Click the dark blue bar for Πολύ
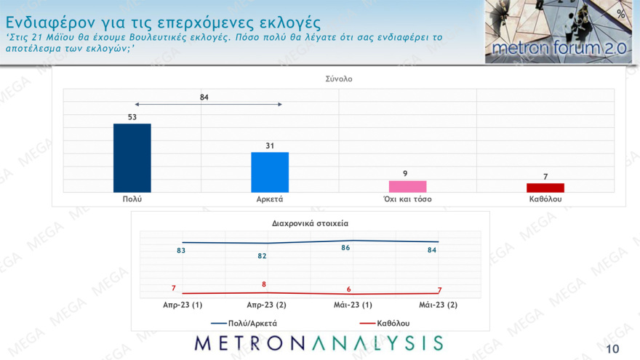(132, 157)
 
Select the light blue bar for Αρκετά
(270, 172)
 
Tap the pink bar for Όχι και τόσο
(407, 186)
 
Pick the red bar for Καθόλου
(545, 188)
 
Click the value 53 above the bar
(132, 116)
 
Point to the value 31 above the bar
(270, 145)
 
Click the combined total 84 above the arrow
(206, 96)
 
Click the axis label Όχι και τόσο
(407, 199)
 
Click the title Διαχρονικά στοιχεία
(310, 223)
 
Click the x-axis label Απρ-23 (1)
(182, 305)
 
